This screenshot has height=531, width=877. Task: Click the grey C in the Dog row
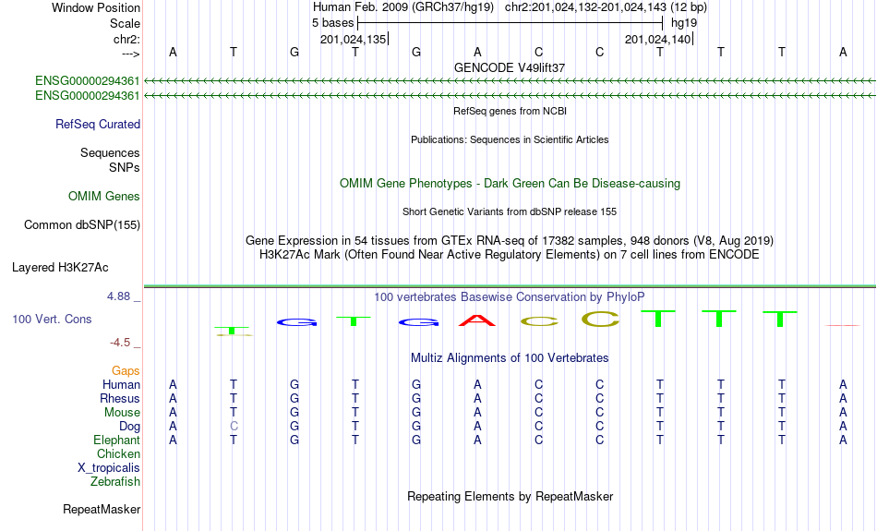[234, 426]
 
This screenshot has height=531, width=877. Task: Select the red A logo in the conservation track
[477, 320]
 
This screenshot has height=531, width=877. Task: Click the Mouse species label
[122, 412]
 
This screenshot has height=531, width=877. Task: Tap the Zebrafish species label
[115, 481]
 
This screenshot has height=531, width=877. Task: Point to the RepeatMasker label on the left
[102, 509]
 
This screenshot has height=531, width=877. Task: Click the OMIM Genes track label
[104, 196]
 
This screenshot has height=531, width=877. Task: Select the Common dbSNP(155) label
[82, 224]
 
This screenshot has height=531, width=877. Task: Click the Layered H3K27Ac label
[60, 268]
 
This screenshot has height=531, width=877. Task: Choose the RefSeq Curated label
[98, 124]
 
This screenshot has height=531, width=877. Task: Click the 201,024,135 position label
[353, 39]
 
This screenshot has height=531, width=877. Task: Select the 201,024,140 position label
[657, 39]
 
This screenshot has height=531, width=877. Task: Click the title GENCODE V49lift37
[510, 67]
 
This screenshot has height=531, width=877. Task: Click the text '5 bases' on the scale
[330, 22]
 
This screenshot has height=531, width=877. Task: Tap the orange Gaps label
[126, 370]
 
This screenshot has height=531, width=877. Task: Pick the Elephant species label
[117, 440]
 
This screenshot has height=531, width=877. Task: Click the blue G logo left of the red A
[416, 322]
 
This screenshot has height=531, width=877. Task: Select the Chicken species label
[118, 453]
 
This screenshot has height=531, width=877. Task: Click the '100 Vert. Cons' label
[52, 319]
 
